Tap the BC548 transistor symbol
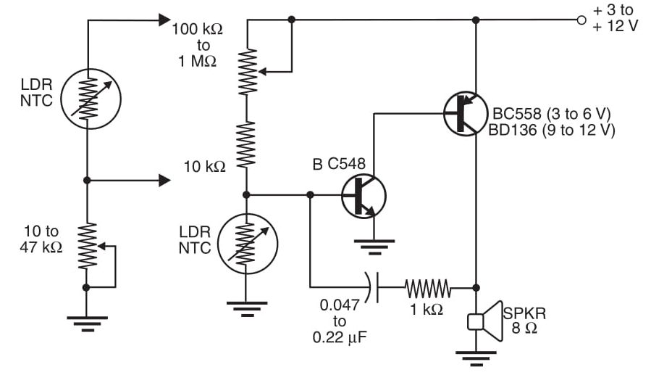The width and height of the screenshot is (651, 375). [363, 195]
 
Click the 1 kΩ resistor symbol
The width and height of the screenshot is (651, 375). [427, 288]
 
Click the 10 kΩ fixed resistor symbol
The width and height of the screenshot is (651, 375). [247, 145]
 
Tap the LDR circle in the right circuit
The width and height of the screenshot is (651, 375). [247, 243]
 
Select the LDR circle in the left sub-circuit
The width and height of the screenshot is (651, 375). [87, 99]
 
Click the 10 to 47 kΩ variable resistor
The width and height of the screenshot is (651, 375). [87, 246]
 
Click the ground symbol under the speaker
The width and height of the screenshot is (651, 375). [476, 357]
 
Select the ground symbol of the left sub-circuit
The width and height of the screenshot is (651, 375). [87, 321]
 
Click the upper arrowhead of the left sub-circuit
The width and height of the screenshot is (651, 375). [164, 20]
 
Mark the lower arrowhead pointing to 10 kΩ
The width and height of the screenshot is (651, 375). [164, 180]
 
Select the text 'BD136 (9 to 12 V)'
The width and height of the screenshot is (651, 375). [553, 130]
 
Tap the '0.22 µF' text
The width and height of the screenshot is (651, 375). [336, 337]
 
